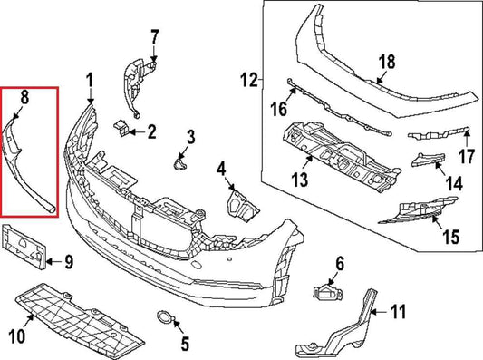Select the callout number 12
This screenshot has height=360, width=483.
tap(250, 81)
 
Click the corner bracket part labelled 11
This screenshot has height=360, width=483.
tap(344, 326)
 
